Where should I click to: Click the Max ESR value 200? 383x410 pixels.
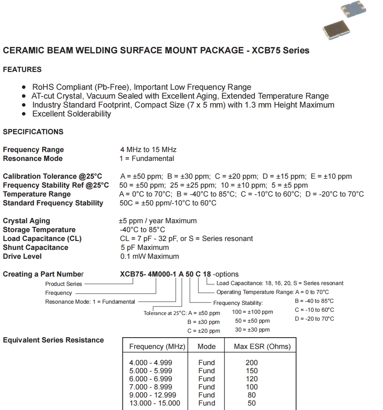pos(251,363)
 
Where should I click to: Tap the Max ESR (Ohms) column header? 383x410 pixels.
pos(262,347)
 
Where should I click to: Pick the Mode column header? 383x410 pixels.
pos(206,347)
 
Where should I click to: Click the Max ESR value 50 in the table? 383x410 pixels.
pos(251,403)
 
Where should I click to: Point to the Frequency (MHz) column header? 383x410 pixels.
pos(157,347)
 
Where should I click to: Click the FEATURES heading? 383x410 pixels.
pos(22,70)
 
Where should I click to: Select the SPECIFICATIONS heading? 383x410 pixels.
pos(33,132)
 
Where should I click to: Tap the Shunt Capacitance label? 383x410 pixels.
pos(36,247)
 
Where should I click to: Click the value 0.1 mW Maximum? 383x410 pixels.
pos(149,256)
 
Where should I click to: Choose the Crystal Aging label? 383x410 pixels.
pos(27,221)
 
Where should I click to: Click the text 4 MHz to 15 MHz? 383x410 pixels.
pos(148,150)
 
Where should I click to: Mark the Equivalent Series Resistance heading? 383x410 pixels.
pos(53,340)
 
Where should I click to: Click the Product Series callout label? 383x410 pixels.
pos(63,284)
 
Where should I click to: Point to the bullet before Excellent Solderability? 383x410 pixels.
pos(24,114)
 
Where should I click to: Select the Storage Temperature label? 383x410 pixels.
pos(39,230)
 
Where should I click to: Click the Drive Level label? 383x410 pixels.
pos(22,256)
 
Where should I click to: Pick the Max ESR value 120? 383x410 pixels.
pos(251,379)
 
